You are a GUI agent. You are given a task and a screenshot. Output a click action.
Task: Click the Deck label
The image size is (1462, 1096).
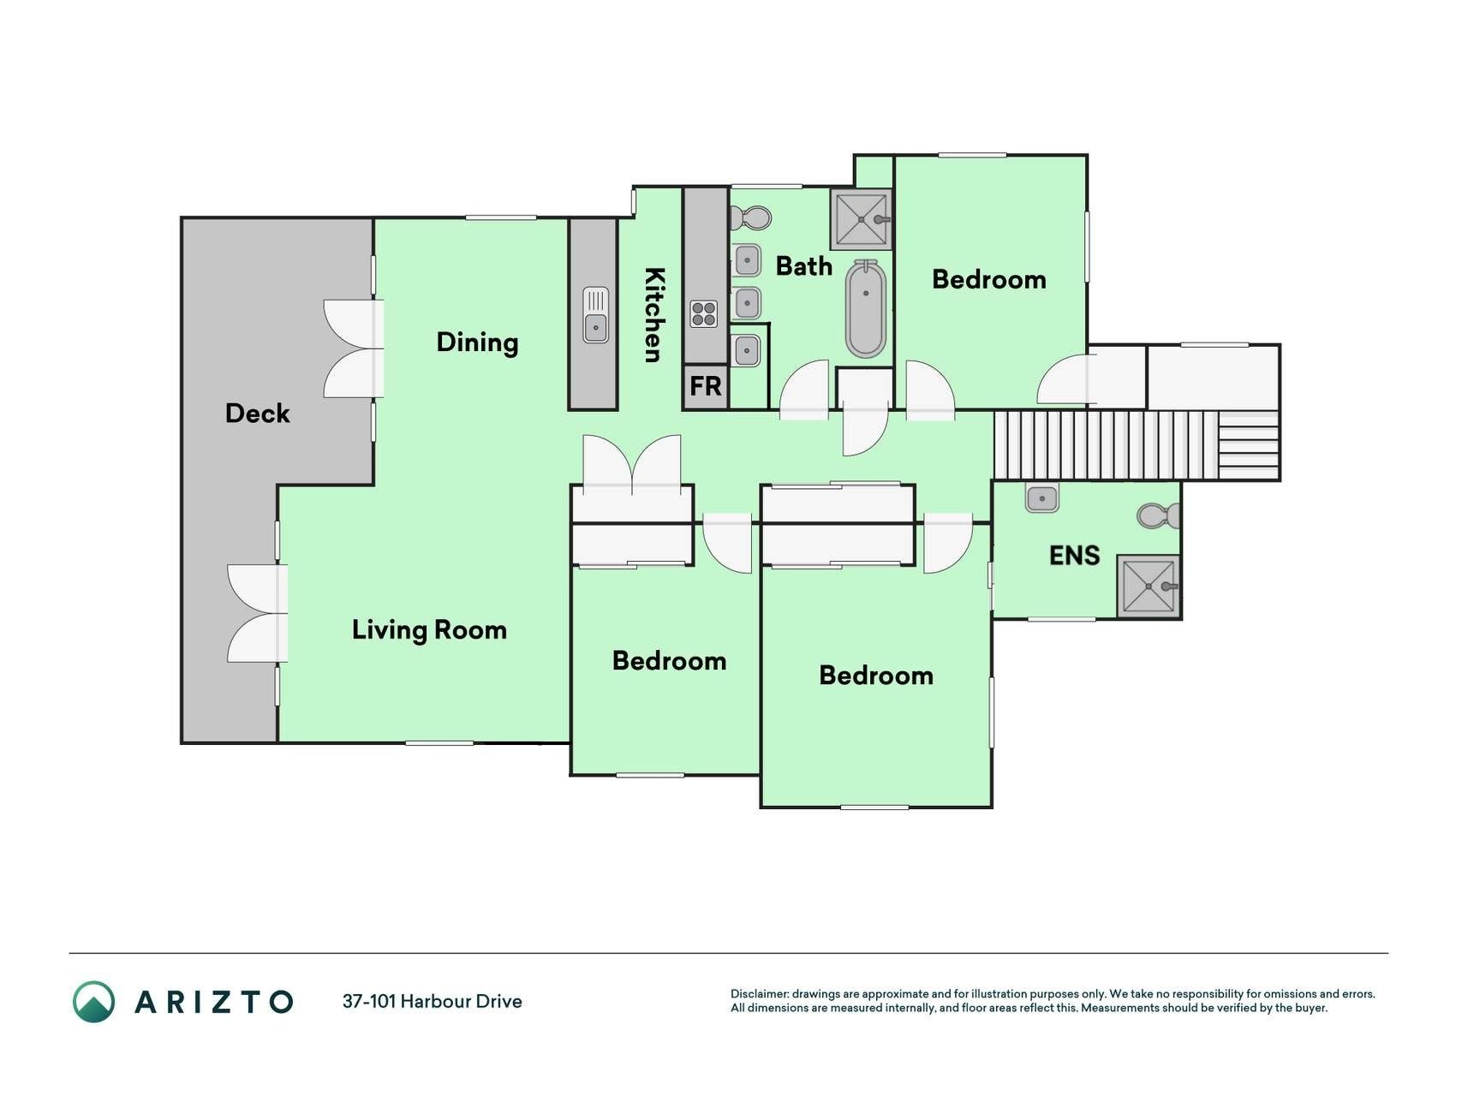(x=257, y=414)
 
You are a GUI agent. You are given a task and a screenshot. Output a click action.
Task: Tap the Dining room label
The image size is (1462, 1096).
(x=477, y=342)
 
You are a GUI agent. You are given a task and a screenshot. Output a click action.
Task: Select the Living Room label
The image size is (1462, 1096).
(x=429, y=630)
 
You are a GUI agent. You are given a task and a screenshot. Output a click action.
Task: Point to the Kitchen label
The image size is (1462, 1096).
(x=654, y=315)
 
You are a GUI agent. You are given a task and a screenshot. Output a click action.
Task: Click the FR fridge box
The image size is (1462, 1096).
(x=706, y=387)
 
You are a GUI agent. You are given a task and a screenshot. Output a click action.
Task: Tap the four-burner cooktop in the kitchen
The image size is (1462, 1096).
(x=704, y=313)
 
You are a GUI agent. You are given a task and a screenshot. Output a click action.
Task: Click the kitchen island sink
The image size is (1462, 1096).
(x=595, y=315)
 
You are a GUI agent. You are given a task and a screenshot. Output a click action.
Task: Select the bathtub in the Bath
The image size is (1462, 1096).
(x=866, y=309)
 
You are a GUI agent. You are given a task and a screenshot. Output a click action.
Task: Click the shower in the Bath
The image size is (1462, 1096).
(x=861, y=219)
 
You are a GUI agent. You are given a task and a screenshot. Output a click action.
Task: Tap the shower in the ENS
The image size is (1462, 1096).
(x=1149, y=586)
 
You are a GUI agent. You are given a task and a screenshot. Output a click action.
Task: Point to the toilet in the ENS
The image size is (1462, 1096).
(x=1159, y=515)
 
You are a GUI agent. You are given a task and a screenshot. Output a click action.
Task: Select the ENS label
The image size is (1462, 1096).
(x=1074, y=556)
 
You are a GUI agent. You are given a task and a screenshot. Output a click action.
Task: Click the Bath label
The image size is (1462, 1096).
(x=803, y=266)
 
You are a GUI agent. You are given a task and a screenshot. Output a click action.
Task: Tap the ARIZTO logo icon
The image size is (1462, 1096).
(x=93, y=1001)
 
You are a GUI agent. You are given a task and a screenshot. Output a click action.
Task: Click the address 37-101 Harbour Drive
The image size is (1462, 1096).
(x=433, y=1001)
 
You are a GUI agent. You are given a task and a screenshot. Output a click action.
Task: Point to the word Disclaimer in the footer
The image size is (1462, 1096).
(x=759, y=994)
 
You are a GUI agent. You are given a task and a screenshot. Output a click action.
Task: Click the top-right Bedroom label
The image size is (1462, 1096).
(x=988, y=279)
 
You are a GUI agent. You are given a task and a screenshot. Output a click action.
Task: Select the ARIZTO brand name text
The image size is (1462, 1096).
(x=214, y=1002)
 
